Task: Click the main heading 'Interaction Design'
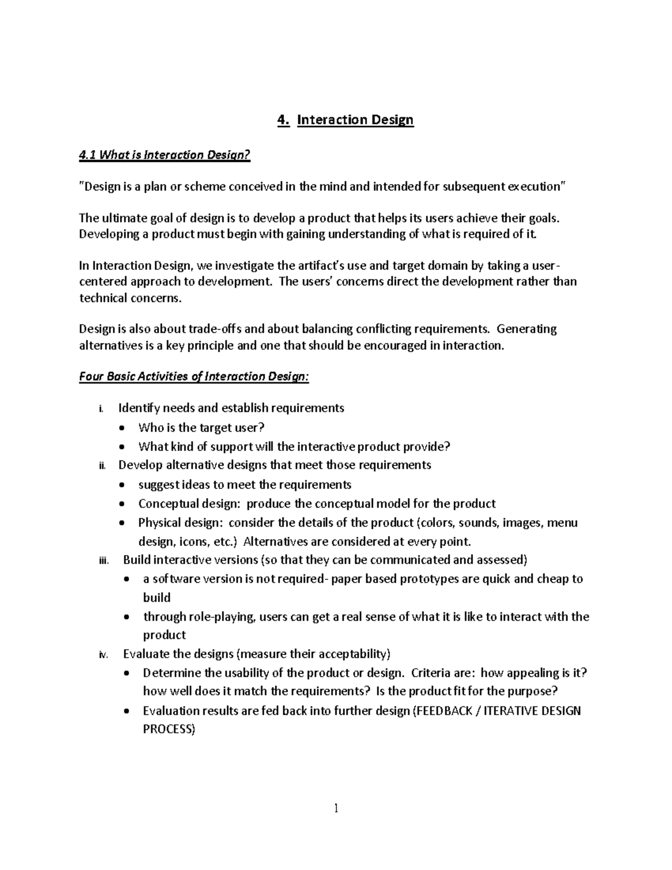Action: (x=355, y=120)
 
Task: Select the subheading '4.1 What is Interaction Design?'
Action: (x=164, y=155)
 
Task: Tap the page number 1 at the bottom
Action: (x=336, y=808)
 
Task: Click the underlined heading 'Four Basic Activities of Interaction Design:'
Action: (x=194, y=376)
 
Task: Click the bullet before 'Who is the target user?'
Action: (x=123, y=429)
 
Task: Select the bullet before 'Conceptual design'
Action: (x=123, y=504)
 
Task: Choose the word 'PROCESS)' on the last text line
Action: (x=169, y=729)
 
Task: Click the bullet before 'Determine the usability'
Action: (x=128, y=673)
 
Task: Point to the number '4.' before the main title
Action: (x=283, y=120)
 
